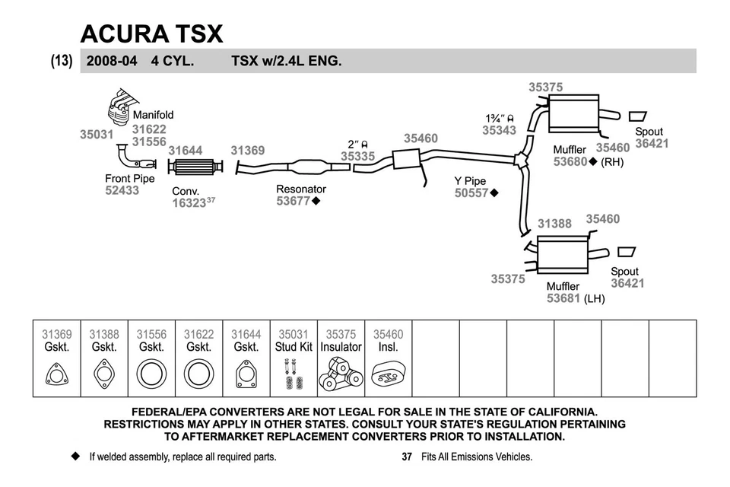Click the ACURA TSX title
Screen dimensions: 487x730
tap(152, 33)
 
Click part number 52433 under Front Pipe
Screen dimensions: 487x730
tap(122, 191)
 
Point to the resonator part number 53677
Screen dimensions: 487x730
tap(293, 202)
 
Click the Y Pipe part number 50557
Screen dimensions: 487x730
tap(471, 193)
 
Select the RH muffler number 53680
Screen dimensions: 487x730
tap(570, 162)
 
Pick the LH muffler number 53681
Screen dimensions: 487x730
tap(563, 299)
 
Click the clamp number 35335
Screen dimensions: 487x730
tap(357, 157)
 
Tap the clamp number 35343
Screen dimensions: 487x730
tap(499, 130)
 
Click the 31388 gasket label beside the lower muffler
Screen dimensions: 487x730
tap(554, 224)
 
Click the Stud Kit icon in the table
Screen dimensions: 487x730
tap(294, 374)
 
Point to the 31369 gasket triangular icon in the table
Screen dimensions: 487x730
tap(57, 375)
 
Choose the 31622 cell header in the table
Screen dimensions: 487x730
tap(198, 334)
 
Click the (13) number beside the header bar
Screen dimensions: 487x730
tap(62, 61)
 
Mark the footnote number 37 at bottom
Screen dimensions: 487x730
tap(406, 457)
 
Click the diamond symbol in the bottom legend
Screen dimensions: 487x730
tap(75, 457)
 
